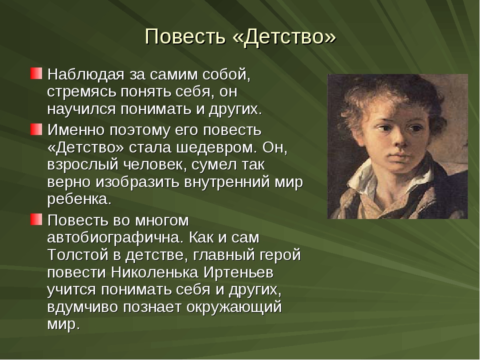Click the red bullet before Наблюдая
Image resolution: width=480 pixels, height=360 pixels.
click(36, 73)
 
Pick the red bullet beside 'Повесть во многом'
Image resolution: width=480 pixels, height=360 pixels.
click(36, 219)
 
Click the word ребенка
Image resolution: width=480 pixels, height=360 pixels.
click(79, 199)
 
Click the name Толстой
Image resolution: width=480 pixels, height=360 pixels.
click(78, 255)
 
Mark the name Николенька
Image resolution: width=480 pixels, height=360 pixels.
click(155, 272)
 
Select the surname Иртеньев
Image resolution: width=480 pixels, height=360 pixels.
click(238, 272)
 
